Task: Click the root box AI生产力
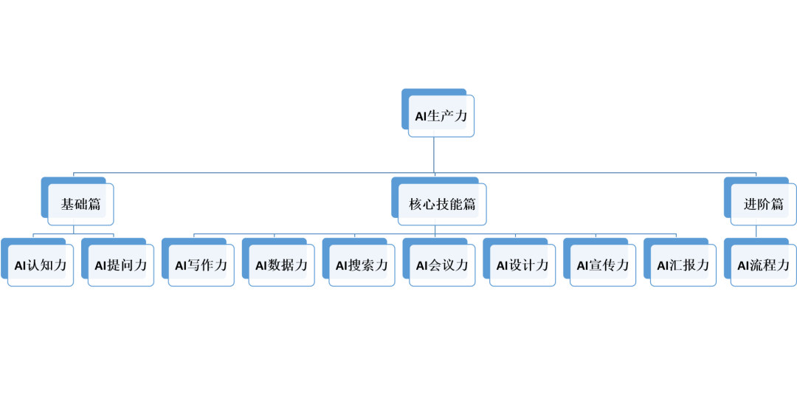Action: [x=441, y=116]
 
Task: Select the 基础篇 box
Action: [x=80, y=204]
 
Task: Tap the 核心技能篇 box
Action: [x=442, y=204]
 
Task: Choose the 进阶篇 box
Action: [x=763, y=204]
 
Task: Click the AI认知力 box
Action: [x=41, y=265]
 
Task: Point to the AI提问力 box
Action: [x=121, y=265]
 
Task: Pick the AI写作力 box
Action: [x=201, y=265]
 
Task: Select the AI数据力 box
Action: [x=281, y=265]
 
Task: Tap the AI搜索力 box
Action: [x=362, y=265]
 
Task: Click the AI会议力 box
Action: [x=442, y=265]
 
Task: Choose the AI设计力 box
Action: [x=522, y=265]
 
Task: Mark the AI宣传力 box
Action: [x=603, y=265]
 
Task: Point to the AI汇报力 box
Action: [x=683, y=265]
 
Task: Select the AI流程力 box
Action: [x=763, y=265]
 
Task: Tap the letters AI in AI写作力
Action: [x=182, y=265]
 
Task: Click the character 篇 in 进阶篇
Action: [x=777, y=204]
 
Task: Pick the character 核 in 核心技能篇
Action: [x=415, y=204]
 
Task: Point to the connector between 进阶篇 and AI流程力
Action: [x=756, y=231]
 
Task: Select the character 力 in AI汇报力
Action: [x=703, y=265]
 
